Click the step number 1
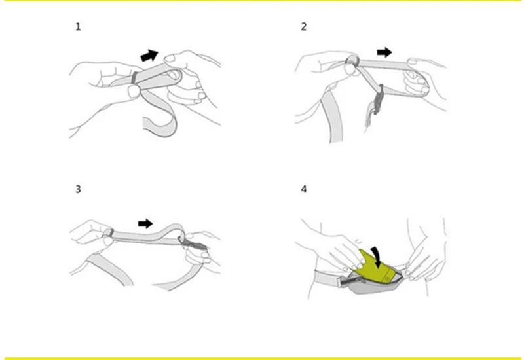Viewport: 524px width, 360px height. pos(78,27)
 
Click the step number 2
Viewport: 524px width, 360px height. pos(303,27)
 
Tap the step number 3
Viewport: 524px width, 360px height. pos(78,189)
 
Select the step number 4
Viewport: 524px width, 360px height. pos(303,189)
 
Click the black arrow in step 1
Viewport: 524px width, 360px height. pos(149,55)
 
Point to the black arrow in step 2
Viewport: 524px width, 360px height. pos(384,52)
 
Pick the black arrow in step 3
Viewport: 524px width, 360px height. pos(145,224)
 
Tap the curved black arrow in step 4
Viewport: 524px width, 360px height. pos(377,257)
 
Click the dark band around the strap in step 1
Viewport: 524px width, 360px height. pos(134,77)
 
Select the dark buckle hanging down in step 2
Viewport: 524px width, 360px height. pos(378,99)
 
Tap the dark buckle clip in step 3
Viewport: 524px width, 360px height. pos(195,244)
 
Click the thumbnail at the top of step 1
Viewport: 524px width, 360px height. pos(170,59)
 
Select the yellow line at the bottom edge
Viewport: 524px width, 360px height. pos(262,359)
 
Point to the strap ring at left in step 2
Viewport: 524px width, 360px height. pos(352,61)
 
